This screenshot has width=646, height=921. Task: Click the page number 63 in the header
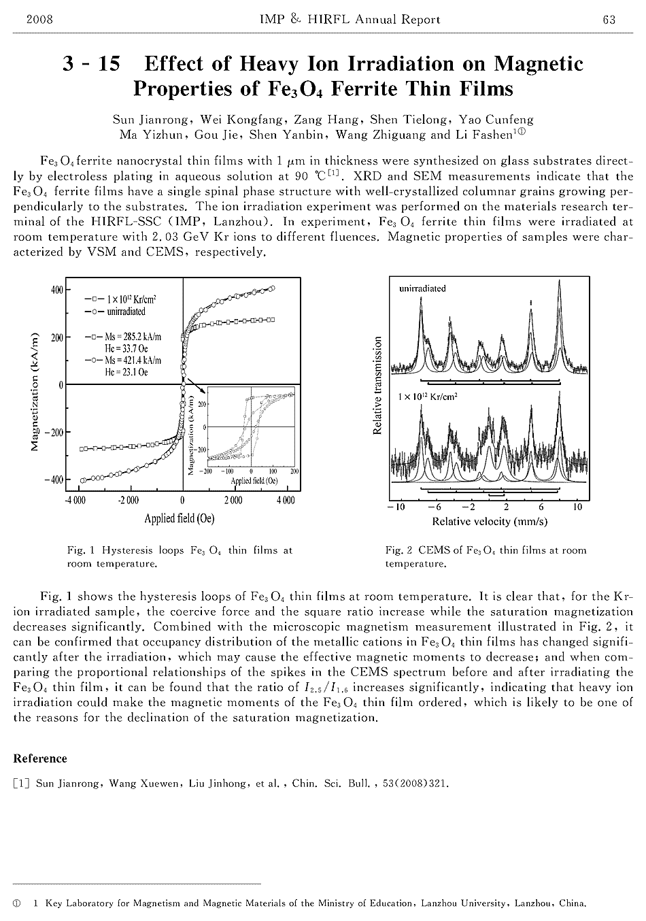[609, 20]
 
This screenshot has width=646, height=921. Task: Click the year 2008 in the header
[39, 20]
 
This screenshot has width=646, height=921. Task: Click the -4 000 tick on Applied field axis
[75, 501]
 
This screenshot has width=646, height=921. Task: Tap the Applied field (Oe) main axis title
[179, 518]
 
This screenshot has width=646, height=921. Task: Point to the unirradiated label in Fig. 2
[422, 288]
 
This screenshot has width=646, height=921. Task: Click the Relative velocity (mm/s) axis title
[490, 522]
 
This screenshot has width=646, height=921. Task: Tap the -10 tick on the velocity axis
[396, 507]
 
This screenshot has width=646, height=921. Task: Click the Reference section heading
[40, 759]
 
